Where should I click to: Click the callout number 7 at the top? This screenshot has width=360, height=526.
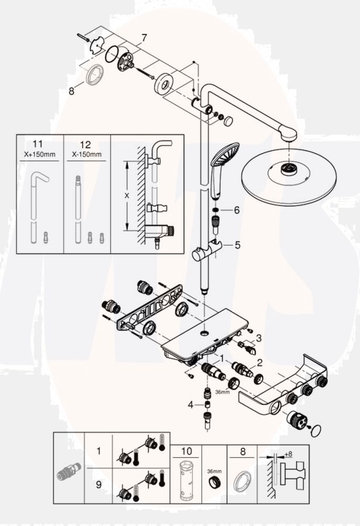point(144,38)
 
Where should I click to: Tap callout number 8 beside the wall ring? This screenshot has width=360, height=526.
point(71,91)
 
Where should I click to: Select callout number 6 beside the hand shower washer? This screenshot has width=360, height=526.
point(236,210)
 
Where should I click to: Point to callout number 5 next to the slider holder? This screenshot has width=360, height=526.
point(238,245)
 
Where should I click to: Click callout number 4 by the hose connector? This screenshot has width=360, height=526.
point(191,405)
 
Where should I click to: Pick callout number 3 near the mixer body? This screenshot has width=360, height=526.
point(258,338)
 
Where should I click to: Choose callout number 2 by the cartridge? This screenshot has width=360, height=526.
point(260,362)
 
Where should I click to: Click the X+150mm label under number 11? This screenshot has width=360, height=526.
point(40,155)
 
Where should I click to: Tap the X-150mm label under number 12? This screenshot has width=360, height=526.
point(87,155)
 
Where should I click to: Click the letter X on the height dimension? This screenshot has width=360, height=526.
point(127,196)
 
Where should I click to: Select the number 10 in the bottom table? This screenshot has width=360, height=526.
point(187,451)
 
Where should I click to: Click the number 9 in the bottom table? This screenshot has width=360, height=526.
point(99,485)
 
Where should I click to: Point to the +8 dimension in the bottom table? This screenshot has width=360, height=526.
point(288,454)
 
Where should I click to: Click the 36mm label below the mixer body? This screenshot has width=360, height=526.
point(222,392)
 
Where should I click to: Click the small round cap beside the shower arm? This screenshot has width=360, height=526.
point(229,120)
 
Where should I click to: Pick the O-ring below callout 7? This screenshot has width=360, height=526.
point(111,54)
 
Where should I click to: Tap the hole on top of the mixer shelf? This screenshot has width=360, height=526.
point(204,333)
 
